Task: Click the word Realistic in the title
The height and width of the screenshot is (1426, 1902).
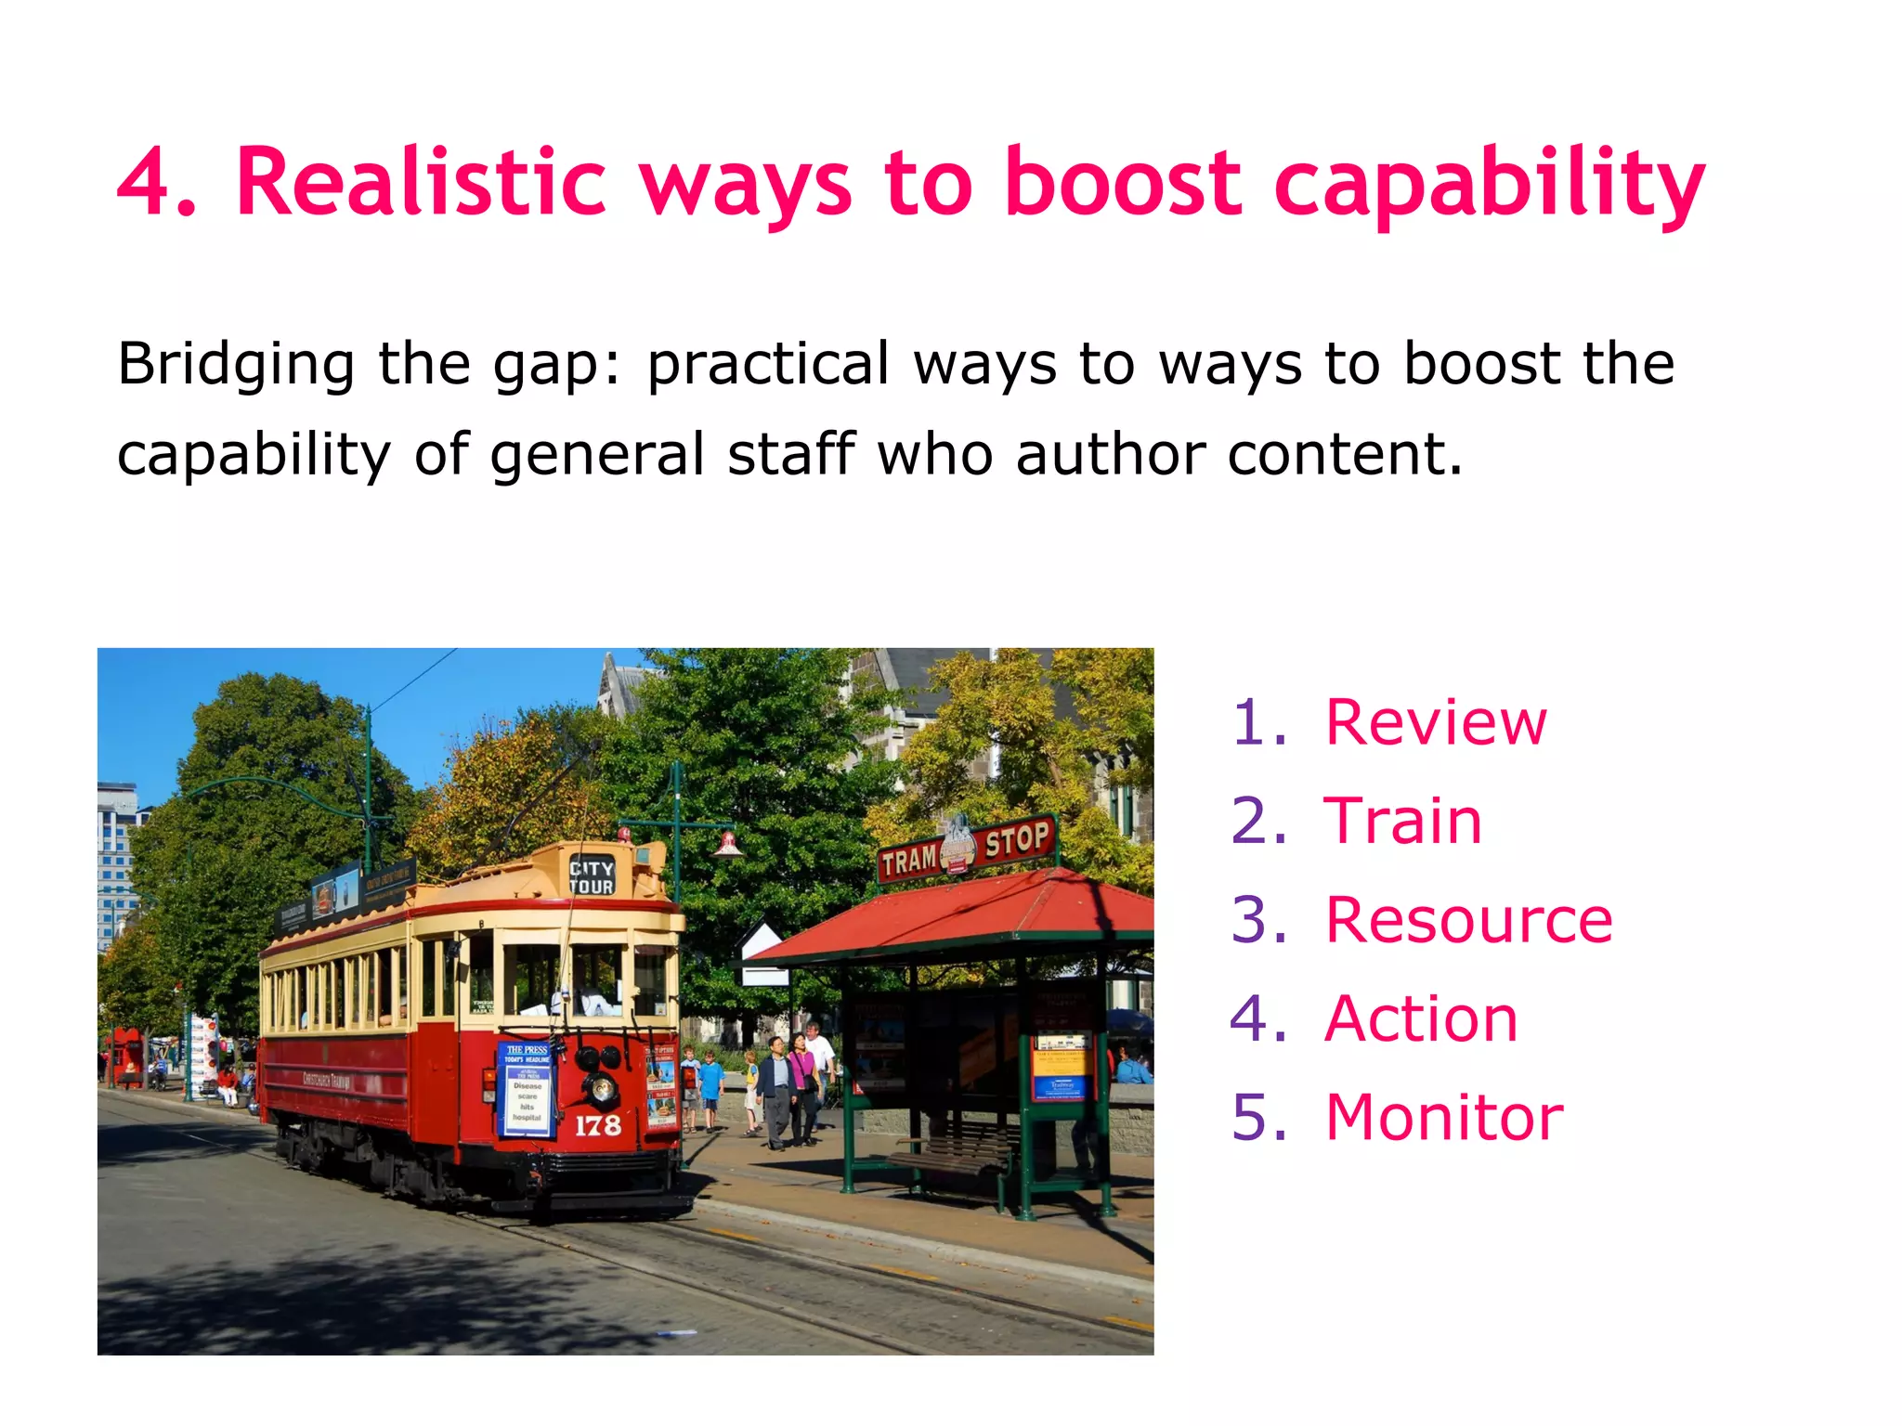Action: click(x=421, y=182)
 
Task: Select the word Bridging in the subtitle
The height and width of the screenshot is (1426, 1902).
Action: click(x=236, y=364)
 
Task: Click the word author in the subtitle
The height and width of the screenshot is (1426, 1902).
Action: click(x=1110, y=454)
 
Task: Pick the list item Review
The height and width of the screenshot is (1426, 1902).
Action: click(x=1435, y=722)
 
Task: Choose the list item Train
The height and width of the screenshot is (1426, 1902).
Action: click(x=1402, y=822)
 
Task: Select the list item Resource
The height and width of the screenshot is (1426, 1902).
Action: click(x=1468, y=920)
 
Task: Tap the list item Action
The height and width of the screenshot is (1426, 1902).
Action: click(x=1421, y=1019)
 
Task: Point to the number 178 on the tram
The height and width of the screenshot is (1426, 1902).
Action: click(x=597, y=1126)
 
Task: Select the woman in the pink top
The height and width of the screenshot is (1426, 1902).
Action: click(x=801, y=1082)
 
